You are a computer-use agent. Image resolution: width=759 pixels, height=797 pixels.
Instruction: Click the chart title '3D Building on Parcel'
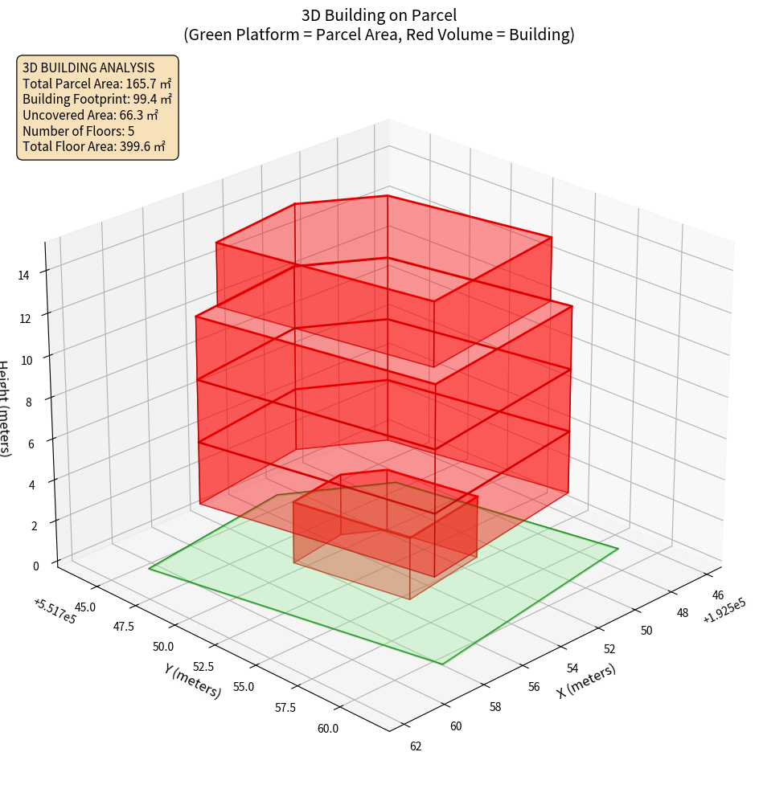tap(379, 14)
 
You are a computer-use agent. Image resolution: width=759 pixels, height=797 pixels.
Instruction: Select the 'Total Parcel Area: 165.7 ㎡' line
tap(96, 84)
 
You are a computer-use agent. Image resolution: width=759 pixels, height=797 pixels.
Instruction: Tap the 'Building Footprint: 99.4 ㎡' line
tap(96, 99)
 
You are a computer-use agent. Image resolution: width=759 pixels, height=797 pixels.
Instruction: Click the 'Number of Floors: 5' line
tap(78, 131)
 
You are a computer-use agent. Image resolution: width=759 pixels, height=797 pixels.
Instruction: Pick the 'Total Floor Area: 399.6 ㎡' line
tap(93, 146)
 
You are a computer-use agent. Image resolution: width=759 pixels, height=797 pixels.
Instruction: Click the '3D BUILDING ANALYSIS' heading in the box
tap(88, 67)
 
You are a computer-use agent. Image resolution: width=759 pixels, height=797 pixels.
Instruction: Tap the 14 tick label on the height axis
tap(23, 276)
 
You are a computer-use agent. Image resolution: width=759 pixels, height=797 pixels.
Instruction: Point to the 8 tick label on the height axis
tap(28, 401)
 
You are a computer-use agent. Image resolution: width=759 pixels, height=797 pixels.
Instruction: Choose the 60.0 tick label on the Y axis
tap(328, 729)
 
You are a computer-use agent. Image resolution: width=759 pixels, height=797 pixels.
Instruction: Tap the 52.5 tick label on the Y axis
tap(204, 666)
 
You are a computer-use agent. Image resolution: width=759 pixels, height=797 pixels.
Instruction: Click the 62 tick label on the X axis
tap(416, 746)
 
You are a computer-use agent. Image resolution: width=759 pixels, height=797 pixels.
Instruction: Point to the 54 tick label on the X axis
tap(572, 668)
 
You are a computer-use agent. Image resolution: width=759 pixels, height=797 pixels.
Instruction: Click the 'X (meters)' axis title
tap(587, 681)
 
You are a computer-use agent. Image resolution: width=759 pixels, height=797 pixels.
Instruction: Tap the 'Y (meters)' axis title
tap(192, 680)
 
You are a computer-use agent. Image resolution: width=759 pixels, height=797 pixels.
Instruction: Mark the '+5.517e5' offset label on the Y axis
tap(55, 611)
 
